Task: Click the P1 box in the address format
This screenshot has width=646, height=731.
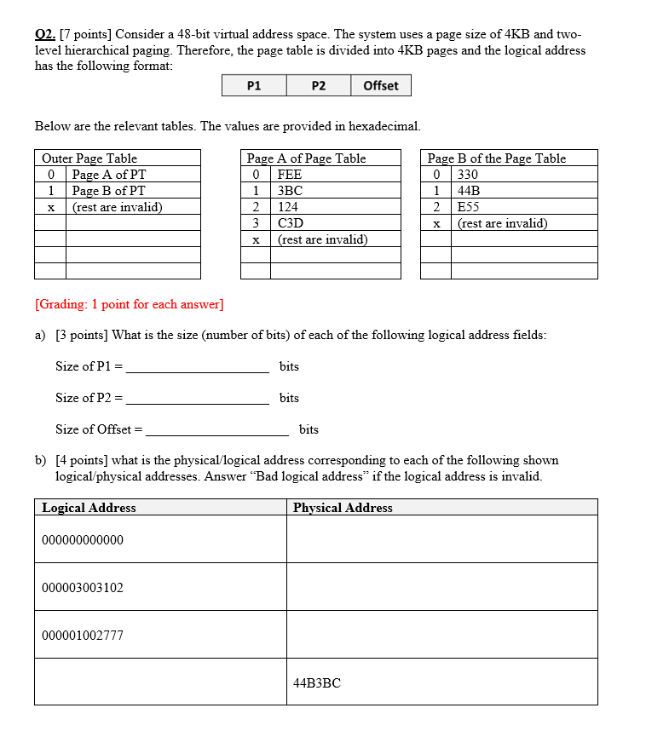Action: pos(253,85)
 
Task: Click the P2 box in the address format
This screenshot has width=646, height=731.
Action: pos(318,85)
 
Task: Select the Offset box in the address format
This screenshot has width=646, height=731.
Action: pos(380,85)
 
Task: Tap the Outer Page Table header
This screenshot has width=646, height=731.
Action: pos(89,158)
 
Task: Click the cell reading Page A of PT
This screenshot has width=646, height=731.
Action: pos(109,175)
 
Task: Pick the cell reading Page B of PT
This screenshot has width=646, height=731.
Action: pos(109,191)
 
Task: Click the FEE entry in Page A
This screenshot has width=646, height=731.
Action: pos(290,175)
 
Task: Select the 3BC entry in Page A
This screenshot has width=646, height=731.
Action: pos(290,191)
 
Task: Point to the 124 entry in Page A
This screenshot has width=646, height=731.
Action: pos(288,207)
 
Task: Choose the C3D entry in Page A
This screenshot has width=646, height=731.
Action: pos(291,223)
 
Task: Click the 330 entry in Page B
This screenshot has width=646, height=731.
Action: pos(468,175)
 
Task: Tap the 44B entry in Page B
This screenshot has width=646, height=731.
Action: pos(469,191)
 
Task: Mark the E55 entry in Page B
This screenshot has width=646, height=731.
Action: pos(469,207)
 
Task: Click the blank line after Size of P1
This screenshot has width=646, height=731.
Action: pos(197,368)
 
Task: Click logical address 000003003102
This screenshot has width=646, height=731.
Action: pos(83,588)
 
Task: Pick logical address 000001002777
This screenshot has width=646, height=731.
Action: pos(83,635)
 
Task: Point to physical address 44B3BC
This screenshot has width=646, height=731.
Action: pos(317,682)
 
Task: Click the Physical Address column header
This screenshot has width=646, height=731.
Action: pos(343,508)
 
